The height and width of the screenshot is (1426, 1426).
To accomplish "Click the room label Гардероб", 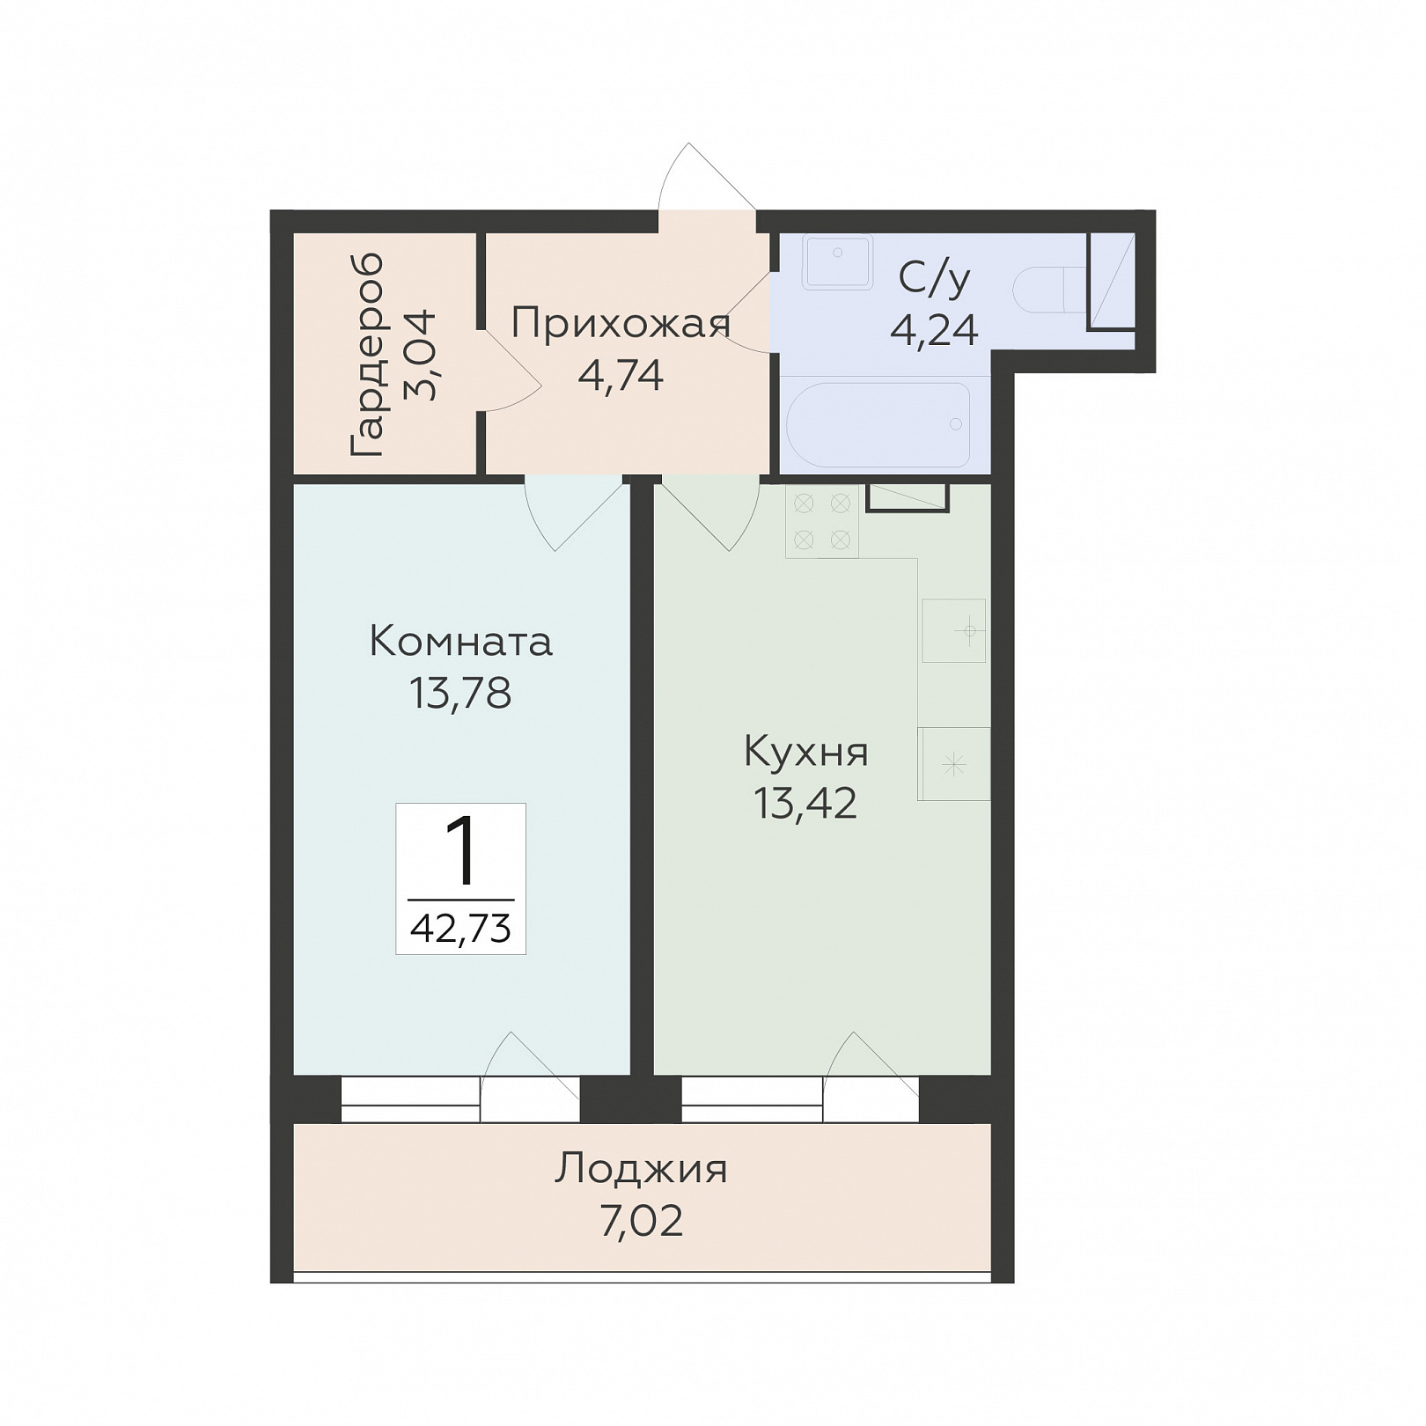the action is (367, 355).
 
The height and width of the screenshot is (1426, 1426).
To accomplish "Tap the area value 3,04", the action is (420, 355).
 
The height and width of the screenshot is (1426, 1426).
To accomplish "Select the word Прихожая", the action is (621, 323).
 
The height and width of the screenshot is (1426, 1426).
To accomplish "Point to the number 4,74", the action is (621, 375).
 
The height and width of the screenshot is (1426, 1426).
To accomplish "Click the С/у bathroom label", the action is (934, 278).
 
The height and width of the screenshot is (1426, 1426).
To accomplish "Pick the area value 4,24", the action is (934, 330).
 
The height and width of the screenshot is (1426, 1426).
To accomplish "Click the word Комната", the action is (460, 641).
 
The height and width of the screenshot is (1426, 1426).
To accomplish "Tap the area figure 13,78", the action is (460, 693).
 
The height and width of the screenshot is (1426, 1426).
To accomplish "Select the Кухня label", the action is (806, 752).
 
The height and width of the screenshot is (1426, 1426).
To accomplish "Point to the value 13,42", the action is (806, 803).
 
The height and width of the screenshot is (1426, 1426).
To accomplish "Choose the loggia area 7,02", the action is (642, 1222).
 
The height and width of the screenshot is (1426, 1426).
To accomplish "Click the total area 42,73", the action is (460, 928).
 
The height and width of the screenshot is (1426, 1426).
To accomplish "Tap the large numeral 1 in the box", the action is (460, 850).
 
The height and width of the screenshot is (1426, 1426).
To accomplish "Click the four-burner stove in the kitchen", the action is (822, 520).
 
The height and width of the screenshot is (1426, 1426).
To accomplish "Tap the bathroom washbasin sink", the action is (836, 261).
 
